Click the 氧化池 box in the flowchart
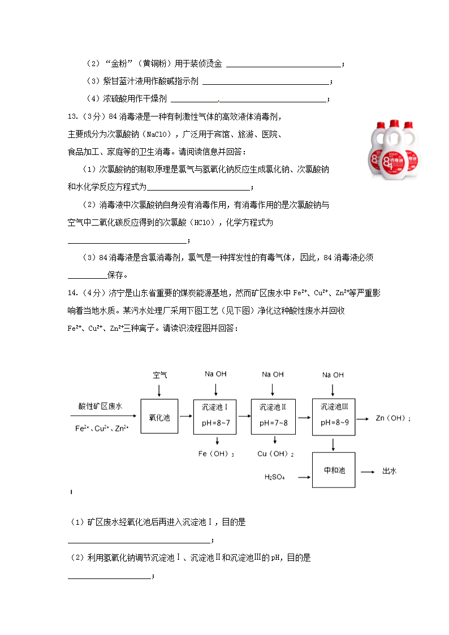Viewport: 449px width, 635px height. click(x=159, y=417)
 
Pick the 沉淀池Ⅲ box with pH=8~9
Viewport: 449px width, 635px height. click(x=334, y=415)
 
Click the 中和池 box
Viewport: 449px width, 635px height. click(x=334, y=470)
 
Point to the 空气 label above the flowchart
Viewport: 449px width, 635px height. click(x=160, y=375)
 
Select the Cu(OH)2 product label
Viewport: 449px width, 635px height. click(x=275, y=453)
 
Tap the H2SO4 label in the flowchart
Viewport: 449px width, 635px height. click(x=275, y=477)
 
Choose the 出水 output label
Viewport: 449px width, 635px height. click(x=390, y=470)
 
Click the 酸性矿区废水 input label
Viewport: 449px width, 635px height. click(x=101, y=406)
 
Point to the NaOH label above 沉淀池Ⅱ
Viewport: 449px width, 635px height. click(x=273, y=374)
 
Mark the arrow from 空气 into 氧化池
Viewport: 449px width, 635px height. click(x=159, y=390)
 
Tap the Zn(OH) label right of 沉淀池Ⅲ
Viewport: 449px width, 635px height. click(x=393, y=418)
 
